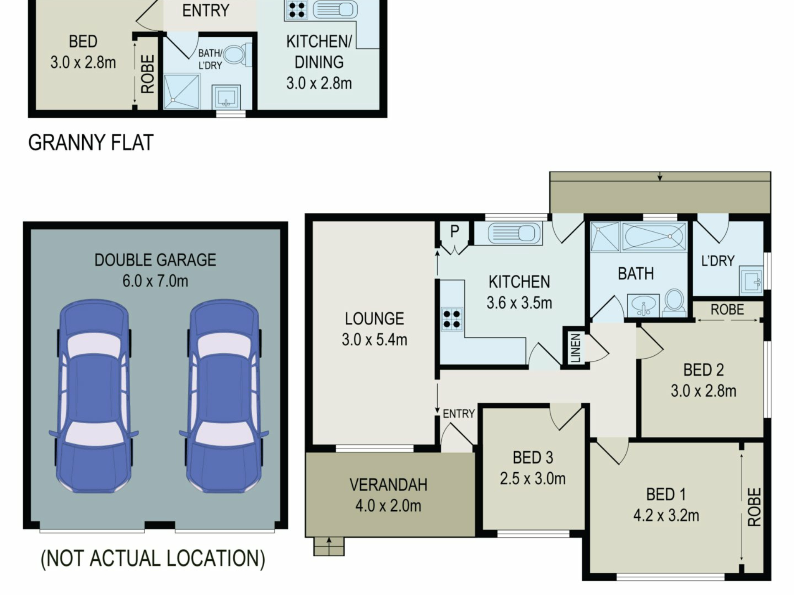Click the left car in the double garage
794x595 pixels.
coord(94,396)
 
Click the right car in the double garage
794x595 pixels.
coord(224,396)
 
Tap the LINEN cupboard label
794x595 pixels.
coord(575,348)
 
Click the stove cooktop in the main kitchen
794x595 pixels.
coord(452,319)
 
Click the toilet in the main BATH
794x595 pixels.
coord(674,302)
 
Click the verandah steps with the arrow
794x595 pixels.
coord(329,546)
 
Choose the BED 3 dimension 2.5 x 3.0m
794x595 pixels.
coord(533,479)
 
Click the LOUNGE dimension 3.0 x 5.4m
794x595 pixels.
coord(374,340)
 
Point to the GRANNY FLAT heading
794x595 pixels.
coord(91,143)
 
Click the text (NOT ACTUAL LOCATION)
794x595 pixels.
coord(153,559)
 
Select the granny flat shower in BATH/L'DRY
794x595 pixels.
coord(182,91)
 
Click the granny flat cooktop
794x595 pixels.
coord(297,10)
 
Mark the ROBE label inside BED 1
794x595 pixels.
coord(754,507)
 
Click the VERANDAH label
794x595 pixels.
coord(388,485)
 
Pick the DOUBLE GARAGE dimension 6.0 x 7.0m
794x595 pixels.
coord(155,281)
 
